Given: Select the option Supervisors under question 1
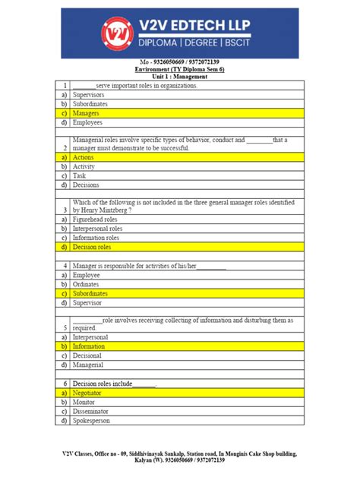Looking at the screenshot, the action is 89,95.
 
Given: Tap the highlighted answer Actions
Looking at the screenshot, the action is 83,156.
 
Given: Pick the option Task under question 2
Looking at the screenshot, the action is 80,175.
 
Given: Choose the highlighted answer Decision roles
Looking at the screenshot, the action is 92,247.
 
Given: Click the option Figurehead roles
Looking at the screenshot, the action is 96,218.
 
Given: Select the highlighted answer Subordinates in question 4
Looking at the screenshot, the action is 90,292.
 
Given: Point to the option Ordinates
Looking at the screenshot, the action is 87,283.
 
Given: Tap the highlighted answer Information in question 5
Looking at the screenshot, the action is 89,346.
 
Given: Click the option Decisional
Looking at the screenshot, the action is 88,355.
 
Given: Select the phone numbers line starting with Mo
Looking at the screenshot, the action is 179,62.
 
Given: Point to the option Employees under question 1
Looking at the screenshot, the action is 87,122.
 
